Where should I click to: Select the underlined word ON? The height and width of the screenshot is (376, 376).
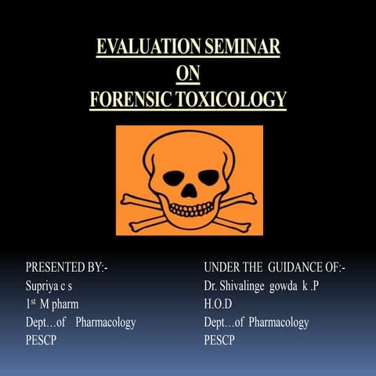pos(188,74)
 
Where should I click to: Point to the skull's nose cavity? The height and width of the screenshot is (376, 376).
pos(187,188)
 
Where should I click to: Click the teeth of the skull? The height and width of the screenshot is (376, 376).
pos(187,208)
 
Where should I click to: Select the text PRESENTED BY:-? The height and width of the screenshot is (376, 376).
pos(67,269)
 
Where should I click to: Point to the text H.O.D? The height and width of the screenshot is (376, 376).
pos(219,304)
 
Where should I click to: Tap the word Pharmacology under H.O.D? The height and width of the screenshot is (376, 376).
pos(280,322)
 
